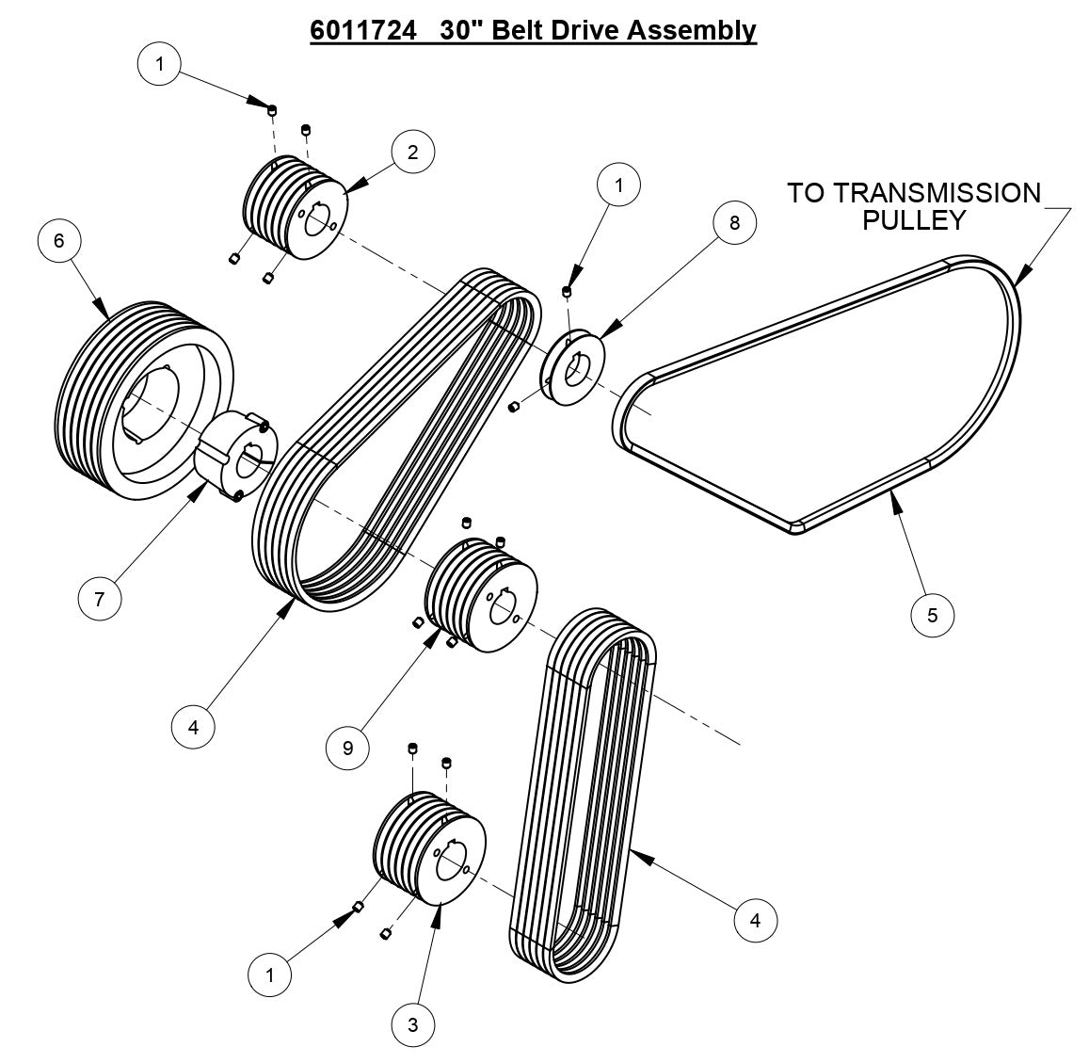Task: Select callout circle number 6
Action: [59, 241]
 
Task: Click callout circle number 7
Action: [99, 597]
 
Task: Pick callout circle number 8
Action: [734, 222]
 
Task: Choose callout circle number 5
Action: [933, 615]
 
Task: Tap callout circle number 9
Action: [347, 747]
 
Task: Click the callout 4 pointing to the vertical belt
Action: [755, 919]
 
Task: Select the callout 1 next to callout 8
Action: [618, 185]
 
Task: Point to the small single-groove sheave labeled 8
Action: [574, 367]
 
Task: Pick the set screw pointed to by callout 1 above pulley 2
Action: [271, 111]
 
